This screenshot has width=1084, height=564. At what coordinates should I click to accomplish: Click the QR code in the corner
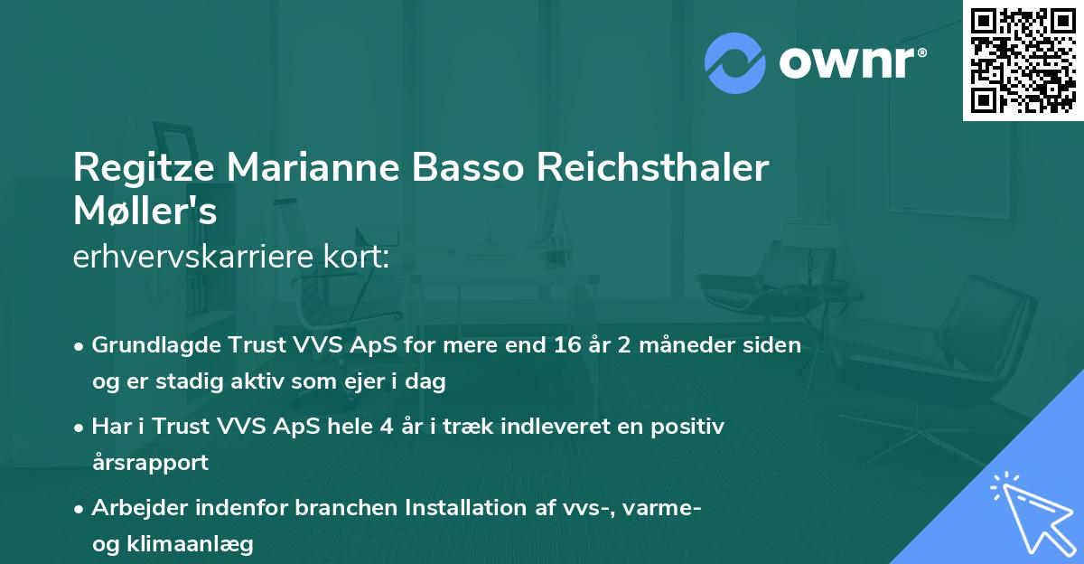(1023, 61)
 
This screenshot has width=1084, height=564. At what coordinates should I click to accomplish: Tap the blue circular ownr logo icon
(735, 63)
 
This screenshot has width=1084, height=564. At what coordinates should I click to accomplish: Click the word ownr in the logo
(847, 63)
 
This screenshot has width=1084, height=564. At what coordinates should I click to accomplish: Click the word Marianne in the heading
(313, 167)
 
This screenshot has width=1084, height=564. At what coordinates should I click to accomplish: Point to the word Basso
(468, 167)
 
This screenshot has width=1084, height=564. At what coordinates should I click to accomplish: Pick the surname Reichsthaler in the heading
(653, 167)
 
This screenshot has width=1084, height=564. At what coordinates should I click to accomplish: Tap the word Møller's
(145, 211)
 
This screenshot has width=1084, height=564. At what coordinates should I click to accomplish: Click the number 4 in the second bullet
(387, 427)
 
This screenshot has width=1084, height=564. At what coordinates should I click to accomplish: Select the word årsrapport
(150, 464)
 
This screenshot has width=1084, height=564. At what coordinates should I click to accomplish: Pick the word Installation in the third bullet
(465, 508)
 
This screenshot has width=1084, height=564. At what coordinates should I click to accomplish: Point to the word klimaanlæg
(190, 545)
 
